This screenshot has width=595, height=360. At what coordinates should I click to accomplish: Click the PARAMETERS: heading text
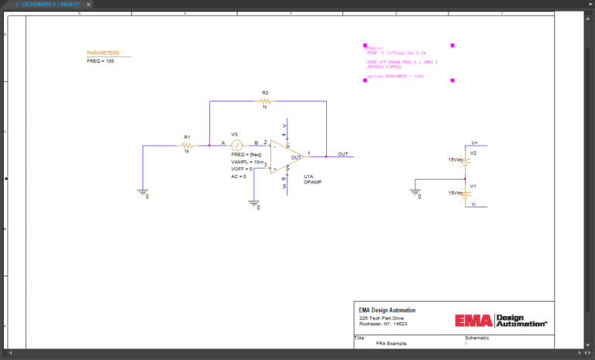[108, 53]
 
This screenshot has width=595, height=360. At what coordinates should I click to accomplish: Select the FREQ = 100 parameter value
[100, 61]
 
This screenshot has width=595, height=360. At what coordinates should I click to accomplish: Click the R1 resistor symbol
[187, 145]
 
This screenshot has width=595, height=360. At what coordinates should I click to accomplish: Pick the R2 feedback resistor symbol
[265, 101]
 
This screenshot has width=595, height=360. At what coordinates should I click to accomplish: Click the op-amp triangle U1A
[287, 156]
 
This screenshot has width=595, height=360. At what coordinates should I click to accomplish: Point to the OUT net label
[342, 153]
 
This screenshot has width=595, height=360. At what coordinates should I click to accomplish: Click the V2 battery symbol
[465, 160]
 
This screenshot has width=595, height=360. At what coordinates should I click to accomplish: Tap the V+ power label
[475, 143]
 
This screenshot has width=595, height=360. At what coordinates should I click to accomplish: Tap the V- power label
[475, 205]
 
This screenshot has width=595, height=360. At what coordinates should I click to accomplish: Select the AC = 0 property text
[239, 177]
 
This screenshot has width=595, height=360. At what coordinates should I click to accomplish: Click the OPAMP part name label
[312, 183]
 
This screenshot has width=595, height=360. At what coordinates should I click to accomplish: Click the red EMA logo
[473, 321]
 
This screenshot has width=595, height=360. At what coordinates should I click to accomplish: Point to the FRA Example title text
[391, 342]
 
